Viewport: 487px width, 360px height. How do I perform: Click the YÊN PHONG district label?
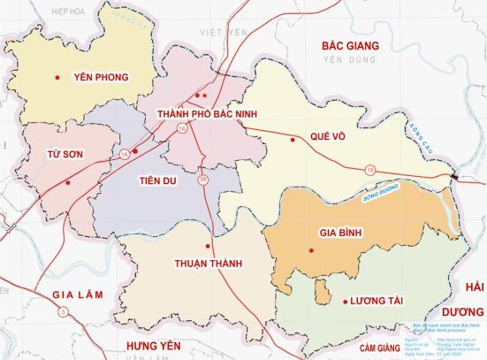point(102,77)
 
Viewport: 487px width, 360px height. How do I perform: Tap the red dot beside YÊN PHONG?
point(57,77)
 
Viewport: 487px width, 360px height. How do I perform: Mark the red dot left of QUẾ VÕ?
point(293,139)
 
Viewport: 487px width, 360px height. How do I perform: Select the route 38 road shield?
point(203,181)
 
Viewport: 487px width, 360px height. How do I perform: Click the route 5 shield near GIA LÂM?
point(62,311)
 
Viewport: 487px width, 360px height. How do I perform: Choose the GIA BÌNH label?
point(339,233)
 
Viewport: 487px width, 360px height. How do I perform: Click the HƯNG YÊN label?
point(159,344)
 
